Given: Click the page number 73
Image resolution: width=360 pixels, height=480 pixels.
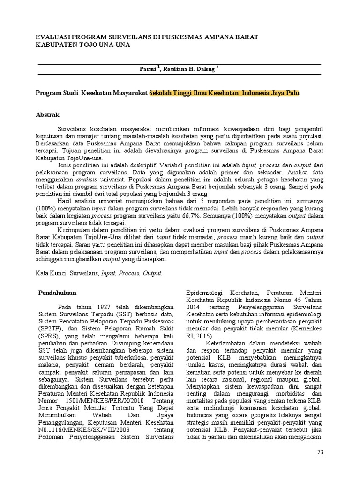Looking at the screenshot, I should [320, 452].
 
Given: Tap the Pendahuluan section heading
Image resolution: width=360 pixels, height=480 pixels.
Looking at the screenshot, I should [57, 292].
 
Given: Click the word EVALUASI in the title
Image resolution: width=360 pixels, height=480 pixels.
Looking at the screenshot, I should [55, 37].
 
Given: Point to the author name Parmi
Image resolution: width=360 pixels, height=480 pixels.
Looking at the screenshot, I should [149, 68].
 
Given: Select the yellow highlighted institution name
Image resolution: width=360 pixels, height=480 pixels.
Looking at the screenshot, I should [224, 93].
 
